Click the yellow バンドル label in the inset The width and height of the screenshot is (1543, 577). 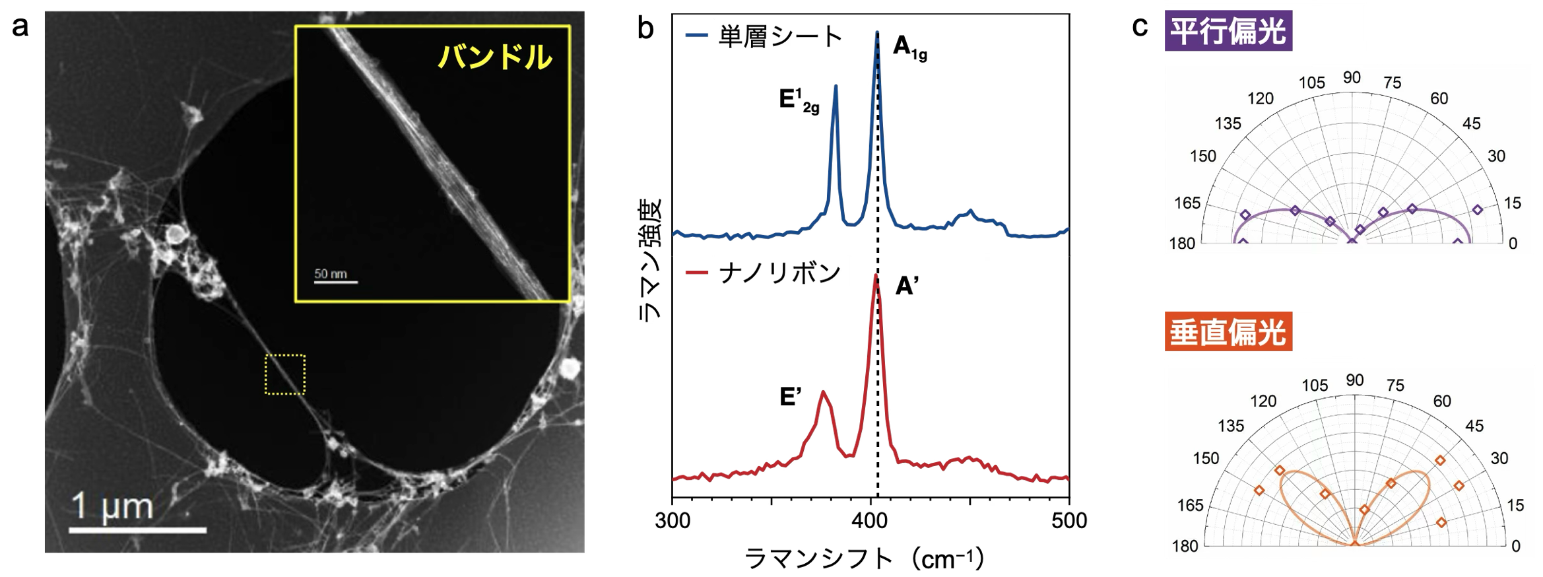click(495, 56)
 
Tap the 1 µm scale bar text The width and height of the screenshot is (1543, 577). click(112, 506)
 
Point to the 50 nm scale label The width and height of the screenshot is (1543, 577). click(330, 273)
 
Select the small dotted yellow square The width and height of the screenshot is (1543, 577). click(285, 374)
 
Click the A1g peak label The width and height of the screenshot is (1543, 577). click(909, 47)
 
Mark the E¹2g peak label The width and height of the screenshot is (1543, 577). click(799, 100)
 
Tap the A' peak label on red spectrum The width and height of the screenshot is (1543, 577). click(907, 286)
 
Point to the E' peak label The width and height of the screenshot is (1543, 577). click(790, 397)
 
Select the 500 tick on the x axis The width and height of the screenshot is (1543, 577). click(1069, 520)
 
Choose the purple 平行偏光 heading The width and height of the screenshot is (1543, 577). click(1228, 31)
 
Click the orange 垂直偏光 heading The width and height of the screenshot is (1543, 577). click(1228, 331)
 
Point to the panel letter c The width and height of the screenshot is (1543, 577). click(1140, 26)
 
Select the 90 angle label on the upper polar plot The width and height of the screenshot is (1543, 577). click(1352, 78)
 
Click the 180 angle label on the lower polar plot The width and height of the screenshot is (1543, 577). click(1185, 546)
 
